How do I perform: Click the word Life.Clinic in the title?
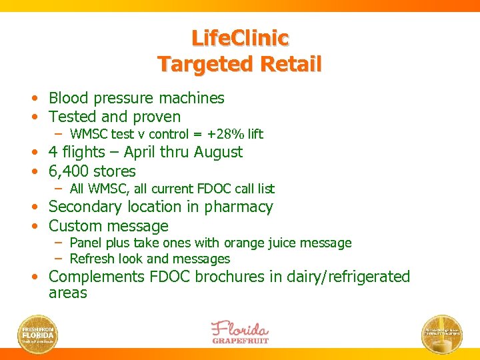point(240,37)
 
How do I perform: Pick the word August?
point(218,152)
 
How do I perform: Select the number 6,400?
point(71,171)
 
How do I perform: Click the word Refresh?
point(91,259)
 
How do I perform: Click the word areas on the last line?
point(68,293)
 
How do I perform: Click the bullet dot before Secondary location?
point(41,207)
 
